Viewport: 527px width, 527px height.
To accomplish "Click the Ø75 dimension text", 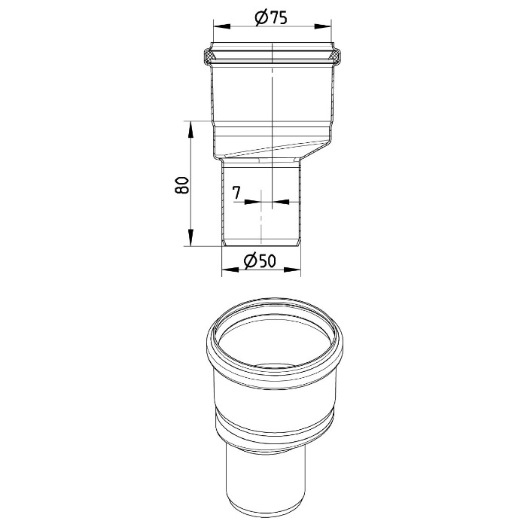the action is pos(271,18).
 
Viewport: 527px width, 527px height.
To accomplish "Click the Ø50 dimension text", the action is pos(260,260).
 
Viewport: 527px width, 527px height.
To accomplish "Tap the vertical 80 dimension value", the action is pos(182,184).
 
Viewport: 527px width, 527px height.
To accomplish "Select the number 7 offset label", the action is pos(237,193).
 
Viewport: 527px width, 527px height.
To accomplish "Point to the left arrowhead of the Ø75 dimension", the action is pos(222,26).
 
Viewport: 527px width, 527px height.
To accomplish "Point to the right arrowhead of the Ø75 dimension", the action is pos(323,26).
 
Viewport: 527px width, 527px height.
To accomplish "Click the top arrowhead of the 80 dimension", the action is pos(190,130).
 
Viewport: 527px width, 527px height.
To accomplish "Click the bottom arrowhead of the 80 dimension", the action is pos(190,237).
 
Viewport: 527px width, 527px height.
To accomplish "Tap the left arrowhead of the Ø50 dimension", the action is pos(230,270).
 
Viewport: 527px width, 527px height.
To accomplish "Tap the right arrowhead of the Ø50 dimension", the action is pos(292,270).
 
